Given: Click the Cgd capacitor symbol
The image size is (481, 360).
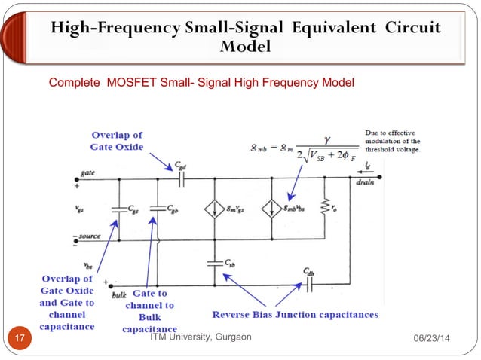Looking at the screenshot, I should point(181,179).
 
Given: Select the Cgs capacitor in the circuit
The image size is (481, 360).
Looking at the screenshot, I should point(118,209).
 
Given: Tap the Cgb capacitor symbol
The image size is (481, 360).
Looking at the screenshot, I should point(158,209).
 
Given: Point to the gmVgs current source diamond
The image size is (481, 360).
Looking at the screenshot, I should point(215,209).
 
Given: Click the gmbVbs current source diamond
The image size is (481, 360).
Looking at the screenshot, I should point(269,209).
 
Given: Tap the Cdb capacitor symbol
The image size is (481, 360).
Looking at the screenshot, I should point(308,285).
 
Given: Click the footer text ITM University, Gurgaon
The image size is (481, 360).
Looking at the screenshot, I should point(200,337).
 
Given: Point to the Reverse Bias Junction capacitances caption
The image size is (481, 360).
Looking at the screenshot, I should point(295,314).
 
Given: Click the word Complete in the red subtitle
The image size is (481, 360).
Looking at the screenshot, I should point(73,81).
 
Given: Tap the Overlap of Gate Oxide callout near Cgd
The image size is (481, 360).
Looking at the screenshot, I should point(116,141).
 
